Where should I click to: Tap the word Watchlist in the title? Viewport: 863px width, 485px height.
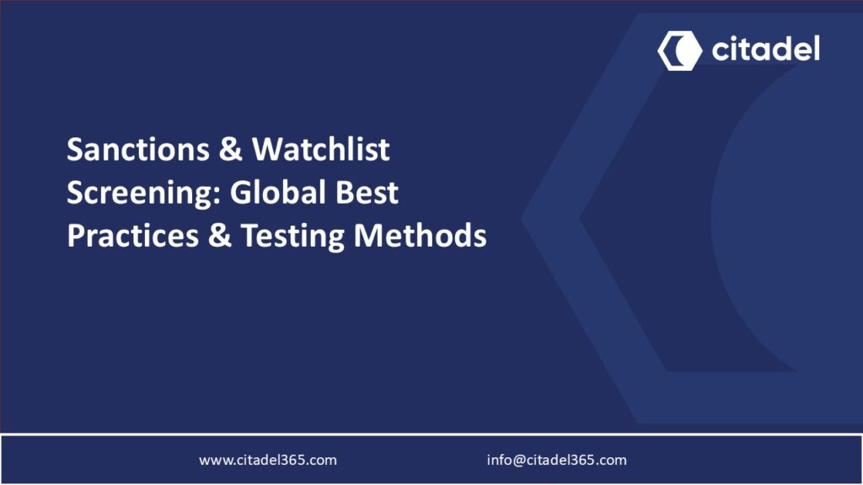pos(321,150)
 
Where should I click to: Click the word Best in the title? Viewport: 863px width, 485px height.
pos(369,193)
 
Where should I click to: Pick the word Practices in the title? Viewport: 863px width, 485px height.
pos(131,236)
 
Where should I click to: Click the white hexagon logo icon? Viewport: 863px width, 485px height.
pos(679,51)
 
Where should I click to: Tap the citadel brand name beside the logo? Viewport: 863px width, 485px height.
pos(765,50)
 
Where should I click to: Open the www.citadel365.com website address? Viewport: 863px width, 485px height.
pos(268,460)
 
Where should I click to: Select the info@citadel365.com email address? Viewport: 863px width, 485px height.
pos(556,460)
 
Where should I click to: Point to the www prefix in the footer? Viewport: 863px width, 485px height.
pos(212,460)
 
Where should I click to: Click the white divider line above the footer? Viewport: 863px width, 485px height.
pos(431,434)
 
